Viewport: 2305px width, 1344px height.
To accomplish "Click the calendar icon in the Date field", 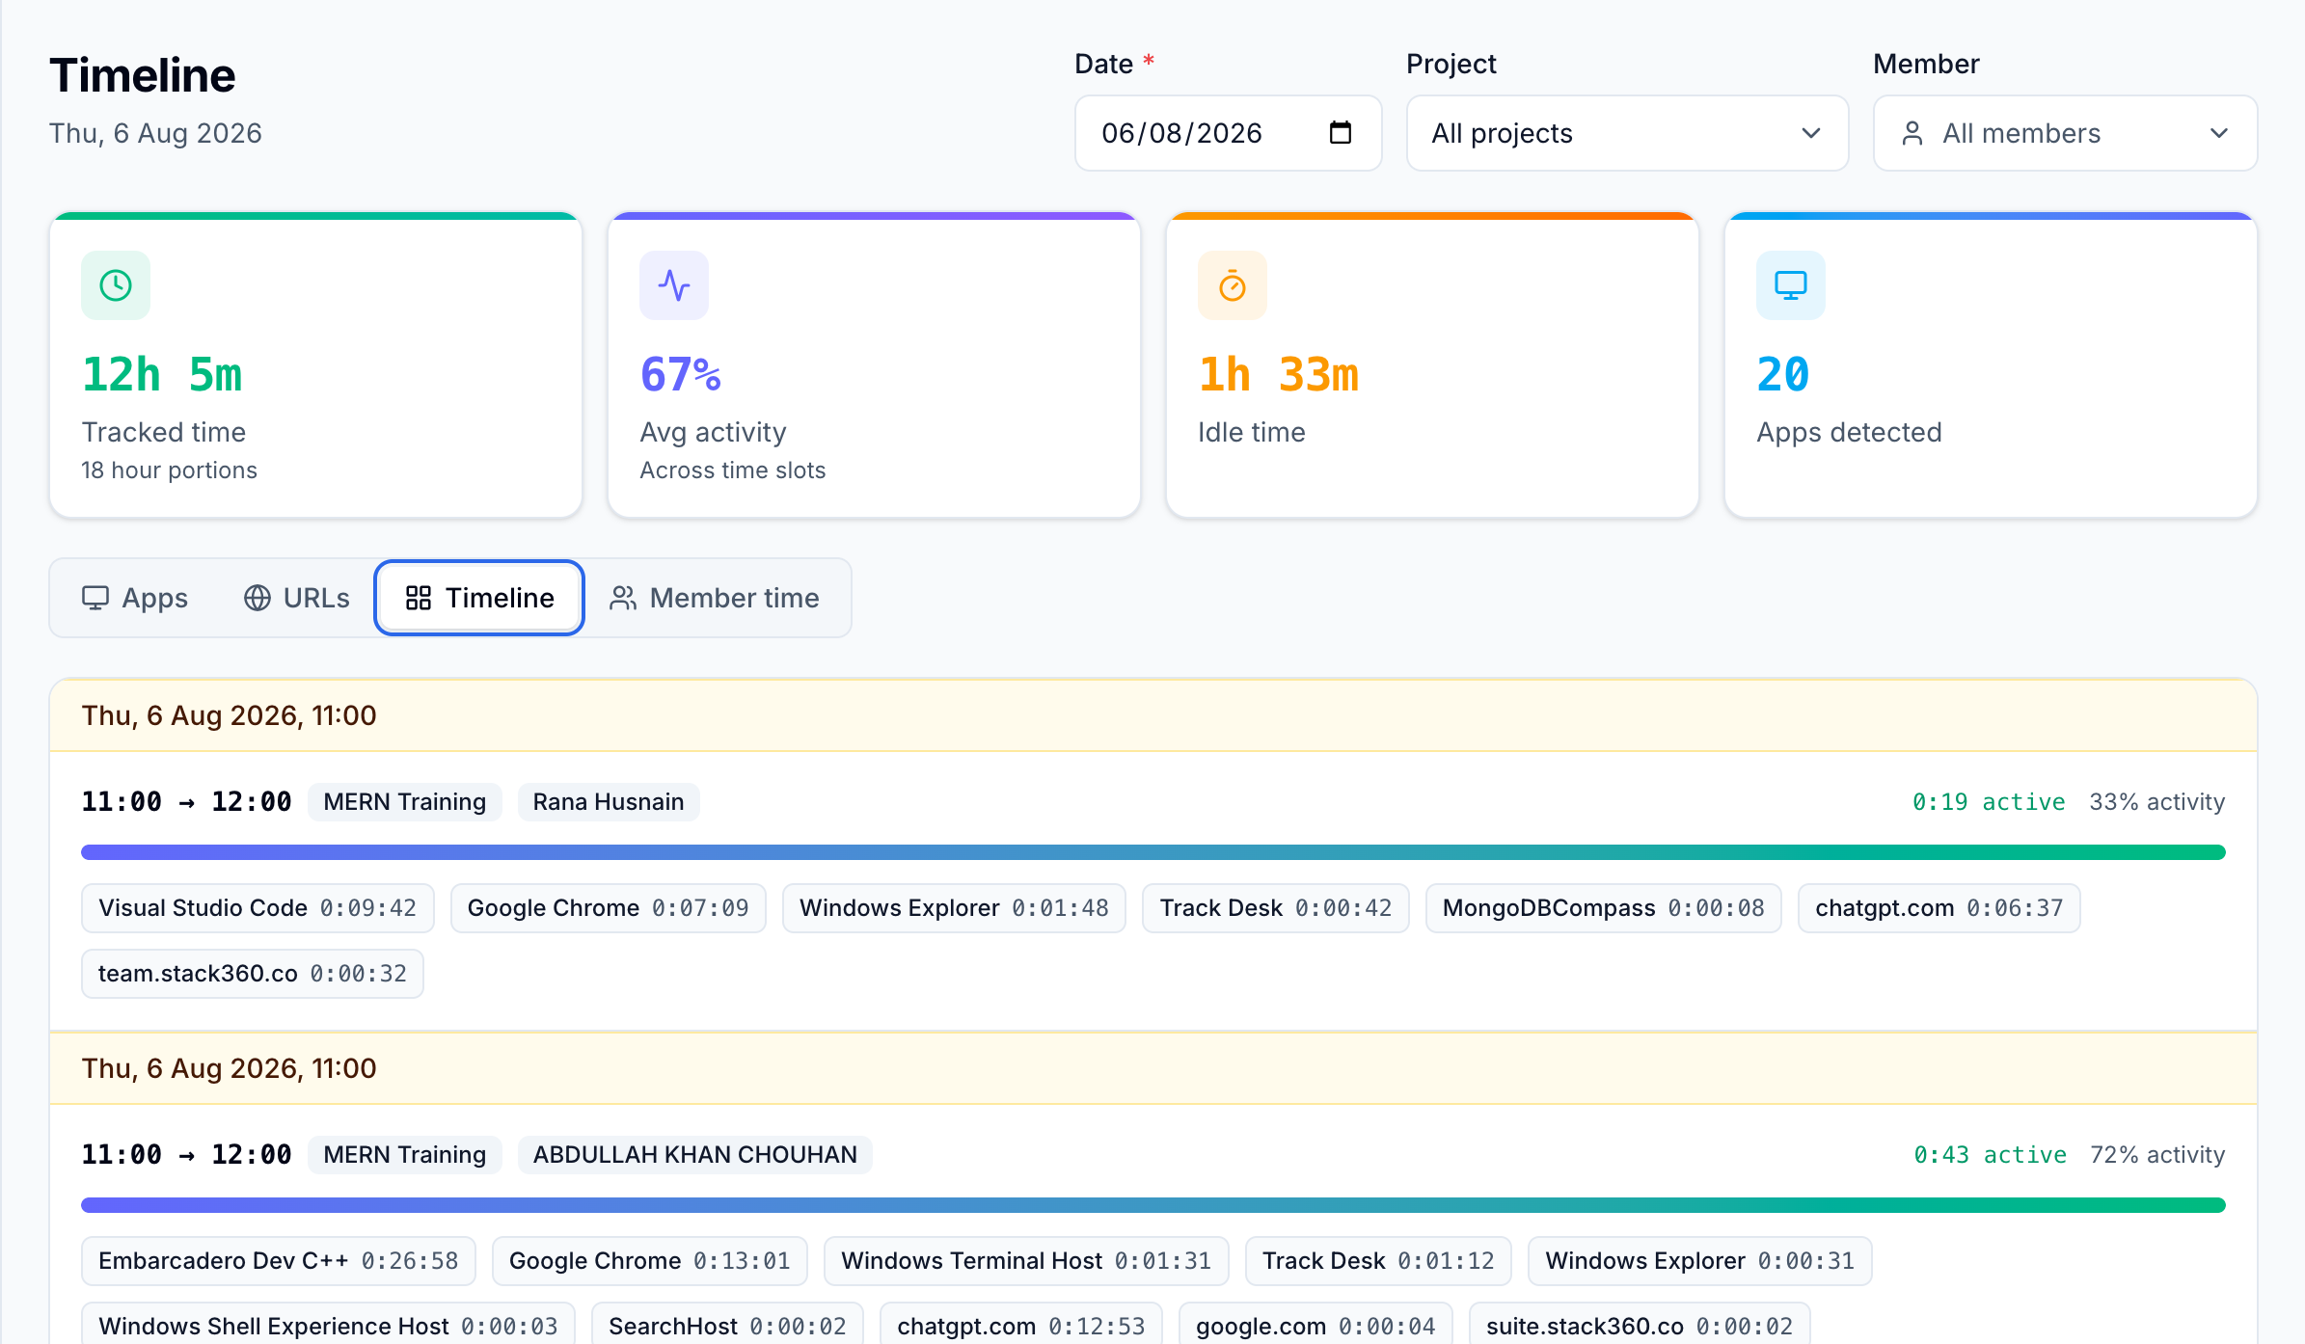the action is click(x=1340, y=132).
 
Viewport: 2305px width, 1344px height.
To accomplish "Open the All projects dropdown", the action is click(x=1627, y=133).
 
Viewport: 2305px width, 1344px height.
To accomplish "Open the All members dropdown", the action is click(x=2065, y=133).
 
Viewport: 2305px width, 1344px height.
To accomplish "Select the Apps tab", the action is click(x=135, y=598).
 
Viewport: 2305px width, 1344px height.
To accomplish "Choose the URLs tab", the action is click(x=296, y=598).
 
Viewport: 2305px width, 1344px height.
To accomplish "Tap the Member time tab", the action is click(x=715, y=598).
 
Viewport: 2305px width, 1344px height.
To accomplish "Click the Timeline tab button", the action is click(x=479, y=598).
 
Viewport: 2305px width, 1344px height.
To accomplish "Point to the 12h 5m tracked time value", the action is click(x=162, y=374).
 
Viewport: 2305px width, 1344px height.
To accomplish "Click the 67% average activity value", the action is click(x=681, y=374).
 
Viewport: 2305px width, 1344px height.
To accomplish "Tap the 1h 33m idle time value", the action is click(x=1279, y=374).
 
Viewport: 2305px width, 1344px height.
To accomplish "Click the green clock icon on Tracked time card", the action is click(x=116, y=285).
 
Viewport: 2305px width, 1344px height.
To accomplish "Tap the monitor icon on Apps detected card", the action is click(x=1791, y=285).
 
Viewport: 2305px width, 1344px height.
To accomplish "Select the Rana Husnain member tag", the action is click(x=609, y=802).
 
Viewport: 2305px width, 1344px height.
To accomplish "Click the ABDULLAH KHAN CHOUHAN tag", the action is click(x=695, y=1155).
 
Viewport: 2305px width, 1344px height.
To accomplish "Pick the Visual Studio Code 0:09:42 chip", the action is click(x=258, y=908).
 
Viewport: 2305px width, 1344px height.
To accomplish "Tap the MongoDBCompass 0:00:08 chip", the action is click(x=1604, y=908).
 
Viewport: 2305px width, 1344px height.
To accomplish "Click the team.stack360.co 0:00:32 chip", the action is click(x=253, y=974).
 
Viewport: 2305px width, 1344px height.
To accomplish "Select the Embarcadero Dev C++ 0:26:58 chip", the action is click(x=279, y=1261).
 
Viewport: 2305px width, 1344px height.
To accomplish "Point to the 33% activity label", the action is click(x=2157, y=802).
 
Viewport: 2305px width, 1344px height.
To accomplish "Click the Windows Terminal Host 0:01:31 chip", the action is click(x=1026, y=1261).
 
